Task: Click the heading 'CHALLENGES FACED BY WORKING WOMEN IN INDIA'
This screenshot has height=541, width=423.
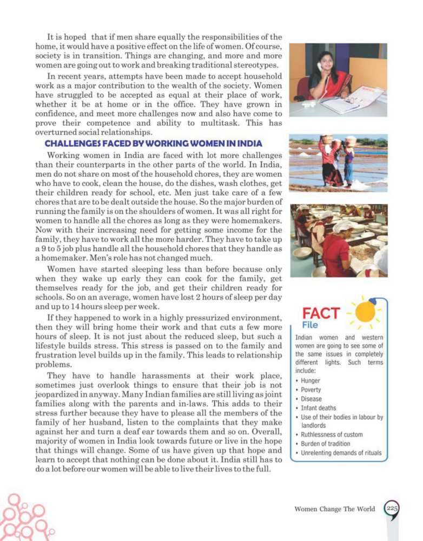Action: pyautogui.click(x=153, y=143)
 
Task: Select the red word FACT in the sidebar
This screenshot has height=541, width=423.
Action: pyautogui.click(x=321, y=313)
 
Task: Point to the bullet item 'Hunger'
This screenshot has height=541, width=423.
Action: pyautogui.click(x=311, y=380)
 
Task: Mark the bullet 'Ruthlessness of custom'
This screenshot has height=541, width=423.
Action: pyautogui.click(x=332, y=434)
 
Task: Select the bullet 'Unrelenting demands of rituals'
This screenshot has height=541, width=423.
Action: pyautogui.click(x=341, y=453)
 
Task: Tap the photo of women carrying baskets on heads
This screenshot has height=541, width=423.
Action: pyautogui.click(x=338, y=162)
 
